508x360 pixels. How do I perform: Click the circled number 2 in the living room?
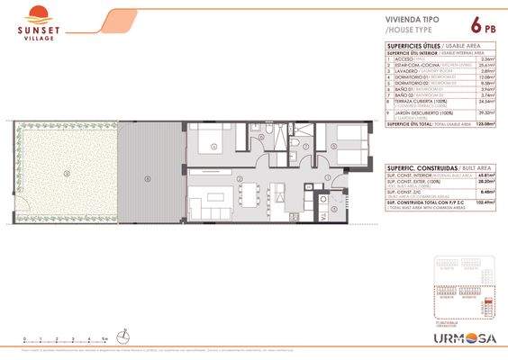(239, 180)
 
